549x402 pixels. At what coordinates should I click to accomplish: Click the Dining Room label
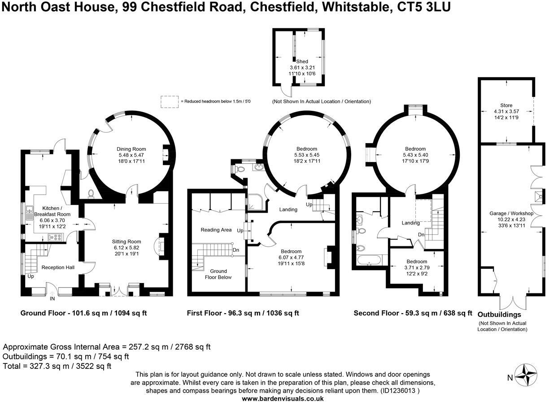pos(131,149)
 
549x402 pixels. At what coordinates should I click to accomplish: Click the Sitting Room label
pos(126,241)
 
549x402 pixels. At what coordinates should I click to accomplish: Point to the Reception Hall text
pos(58,267)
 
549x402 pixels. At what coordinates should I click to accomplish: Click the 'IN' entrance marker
pos(52,298)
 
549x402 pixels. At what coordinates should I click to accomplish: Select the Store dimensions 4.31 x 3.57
pos(506,112)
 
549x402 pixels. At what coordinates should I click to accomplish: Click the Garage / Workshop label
pos(511,214)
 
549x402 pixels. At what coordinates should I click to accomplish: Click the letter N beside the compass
pos(510,378)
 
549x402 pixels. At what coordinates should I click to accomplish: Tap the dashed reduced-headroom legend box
pos(169,102)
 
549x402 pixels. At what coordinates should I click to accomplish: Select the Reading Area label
pos(216,230)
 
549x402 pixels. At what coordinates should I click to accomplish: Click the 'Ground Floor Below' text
pos(218,274)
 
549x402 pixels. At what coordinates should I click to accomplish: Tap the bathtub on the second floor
pos(369,260)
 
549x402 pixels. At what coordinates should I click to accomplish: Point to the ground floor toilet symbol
pos(91,193)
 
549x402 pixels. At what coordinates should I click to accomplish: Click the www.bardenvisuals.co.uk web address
pos(283,398)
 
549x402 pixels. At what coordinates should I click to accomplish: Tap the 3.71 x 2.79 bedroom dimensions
pos(417,268)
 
